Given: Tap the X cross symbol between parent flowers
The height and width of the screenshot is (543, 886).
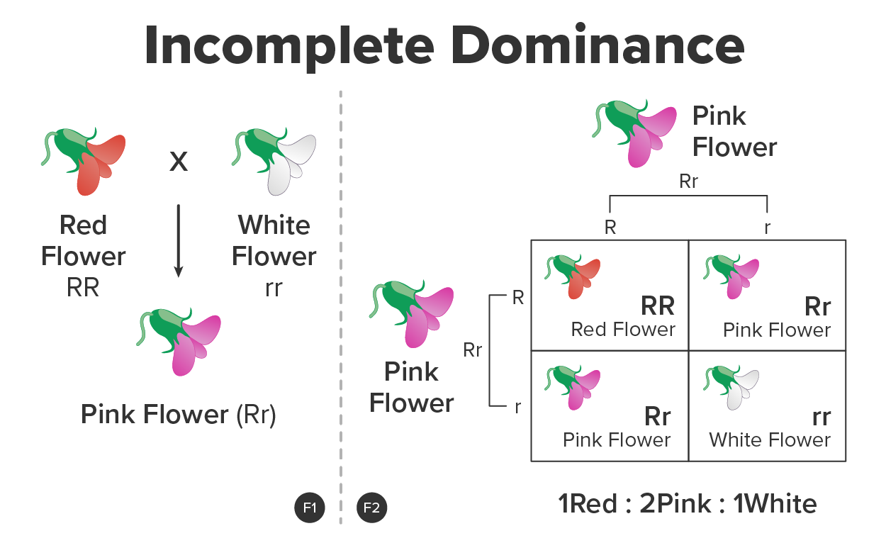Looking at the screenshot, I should (x=179, y=162).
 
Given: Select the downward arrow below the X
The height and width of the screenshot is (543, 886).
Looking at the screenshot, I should (x=179, y=241).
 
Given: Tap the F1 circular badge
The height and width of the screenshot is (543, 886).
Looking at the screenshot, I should (x=309, y=508).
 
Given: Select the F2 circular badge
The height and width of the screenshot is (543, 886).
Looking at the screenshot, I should (x=372, y=508).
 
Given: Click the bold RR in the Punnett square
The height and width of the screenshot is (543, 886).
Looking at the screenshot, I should (x=657, y=306).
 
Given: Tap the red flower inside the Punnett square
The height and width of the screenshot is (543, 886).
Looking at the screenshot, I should (x=572, y=276).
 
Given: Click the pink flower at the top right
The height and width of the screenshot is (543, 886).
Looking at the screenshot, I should (x=634, y=133).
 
